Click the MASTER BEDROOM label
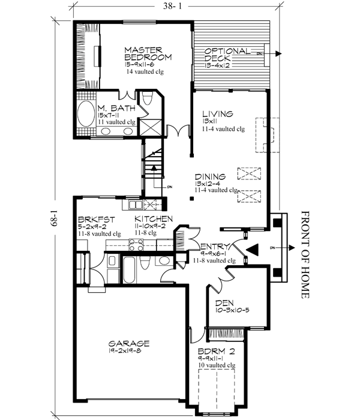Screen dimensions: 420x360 click(148, 53)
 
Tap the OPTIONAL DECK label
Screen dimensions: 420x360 click(226, 54)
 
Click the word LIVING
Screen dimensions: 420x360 click(217, 113)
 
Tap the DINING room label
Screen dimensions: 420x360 click(210, 176)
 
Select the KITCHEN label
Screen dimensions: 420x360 click(154, 219)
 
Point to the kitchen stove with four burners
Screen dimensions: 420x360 click(136, 244)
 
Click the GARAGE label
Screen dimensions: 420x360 click(128, 343)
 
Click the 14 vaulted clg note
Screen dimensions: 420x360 click(145, 71)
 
